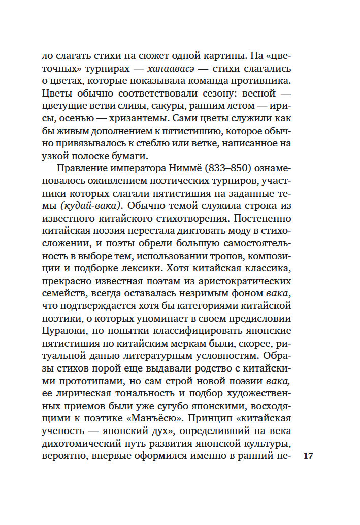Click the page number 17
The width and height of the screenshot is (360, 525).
[x=309, y=456]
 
